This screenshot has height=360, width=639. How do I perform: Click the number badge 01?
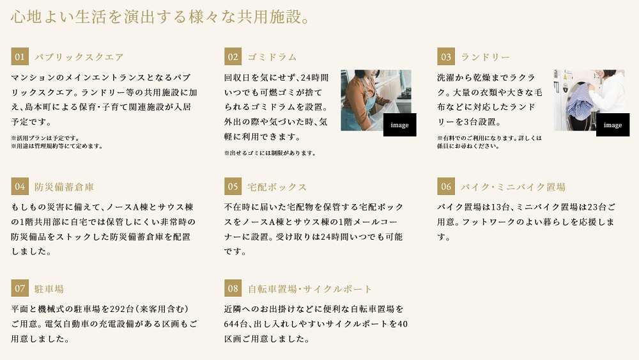[x=20, y=57]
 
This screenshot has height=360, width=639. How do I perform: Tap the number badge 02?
[x=233, y=57]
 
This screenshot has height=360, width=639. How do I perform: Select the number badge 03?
[x=446, y=57]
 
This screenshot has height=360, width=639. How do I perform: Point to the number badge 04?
[x=20, y=186]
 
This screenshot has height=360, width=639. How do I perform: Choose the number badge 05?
[x=233, y=186]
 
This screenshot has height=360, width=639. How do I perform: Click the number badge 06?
[x=446, y=186]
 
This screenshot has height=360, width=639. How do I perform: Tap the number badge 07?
[x=20, y=288]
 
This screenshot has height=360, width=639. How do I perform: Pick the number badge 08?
[x=233, y=288]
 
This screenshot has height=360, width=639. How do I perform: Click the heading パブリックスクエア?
[x=79, y=57]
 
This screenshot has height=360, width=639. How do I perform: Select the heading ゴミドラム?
[x=272, y=57]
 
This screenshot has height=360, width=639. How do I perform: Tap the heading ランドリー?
[x=485, y=57]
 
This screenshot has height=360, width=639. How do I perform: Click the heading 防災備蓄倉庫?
[x=64, y=187]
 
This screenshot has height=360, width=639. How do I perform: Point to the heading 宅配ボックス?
[x=277, y=187]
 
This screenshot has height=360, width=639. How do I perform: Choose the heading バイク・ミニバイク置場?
[x=513, y=187]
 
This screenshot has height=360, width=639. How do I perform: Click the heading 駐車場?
[x=49, y=288]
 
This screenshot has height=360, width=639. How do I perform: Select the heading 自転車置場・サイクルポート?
[x=310, y=288]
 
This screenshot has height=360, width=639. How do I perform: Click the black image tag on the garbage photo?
[x=400, y=125]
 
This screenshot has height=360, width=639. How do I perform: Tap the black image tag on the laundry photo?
[x=613, y=125]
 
